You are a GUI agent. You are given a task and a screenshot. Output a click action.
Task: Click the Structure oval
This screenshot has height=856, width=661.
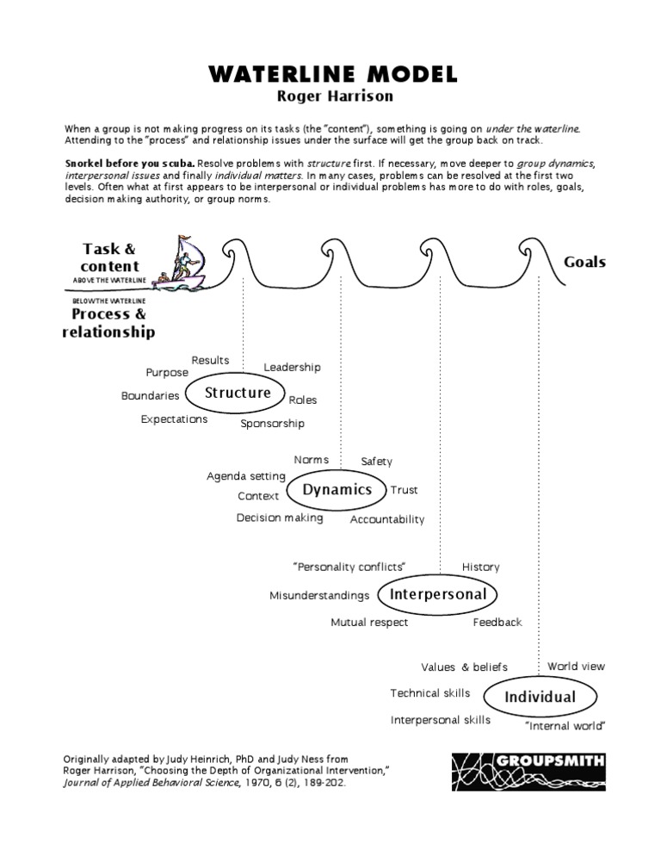click(x=238, y=394)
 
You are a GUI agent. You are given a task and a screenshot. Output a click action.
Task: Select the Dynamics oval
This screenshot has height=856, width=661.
click(x=337, y=490)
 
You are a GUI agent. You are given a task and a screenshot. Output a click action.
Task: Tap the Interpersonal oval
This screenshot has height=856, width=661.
click(x=438, y=594)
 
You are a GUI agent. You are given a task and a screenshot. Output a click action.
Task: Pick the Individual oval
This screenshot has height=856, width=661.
click(x=541, y=696)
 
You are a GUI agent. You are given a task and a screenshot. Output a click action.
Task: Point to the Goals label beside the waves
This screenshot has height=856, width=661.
click(x=584, y=262)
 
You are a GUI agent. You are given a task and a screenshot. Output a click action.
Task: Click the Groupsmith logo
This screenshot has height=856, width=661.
click(x=528, y=769)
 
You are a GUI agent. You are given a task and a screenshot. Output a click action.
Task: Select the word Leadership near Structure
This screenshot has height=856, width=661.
click(x=292, y=368)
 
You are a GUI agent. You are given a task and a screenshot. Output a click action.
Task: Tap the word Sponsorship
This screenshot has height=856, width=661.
click(x=272, y=424)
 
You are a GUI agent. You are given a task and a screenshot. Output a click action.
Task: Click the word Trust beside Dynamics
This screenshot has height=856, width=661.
click(x=404, y=490)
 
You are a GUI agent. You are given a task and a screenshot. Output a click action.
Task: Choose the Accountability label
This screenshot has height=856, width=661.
click(x=387, y=519)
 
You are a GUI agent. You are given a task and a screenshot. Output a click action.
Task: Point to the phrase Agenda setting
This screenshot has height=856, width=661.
click(x=245, y=476)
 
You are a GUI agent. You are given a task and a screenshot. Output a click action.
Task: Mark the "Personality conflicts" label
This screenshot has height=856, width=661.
click(x=349, y=567)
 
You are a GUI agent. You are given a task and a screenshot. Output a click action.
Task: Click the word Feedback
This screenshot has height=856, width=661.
click(x=497, y=622)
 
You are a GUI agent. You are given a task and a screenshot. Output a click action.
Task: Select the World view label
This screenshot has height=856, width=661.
click(x=576, y=667)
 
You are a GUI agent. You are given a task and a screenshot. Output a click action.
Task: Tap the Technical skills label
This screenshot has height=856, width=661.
click(x=429, y=693)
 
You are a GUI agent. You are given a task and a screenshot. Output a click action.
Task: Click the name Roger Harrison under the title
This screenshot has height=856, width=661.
click(x=330, y=96)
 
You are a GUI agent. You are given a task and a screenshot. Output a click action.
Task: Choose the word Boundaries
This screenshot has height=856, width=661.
click(x=151, y=396)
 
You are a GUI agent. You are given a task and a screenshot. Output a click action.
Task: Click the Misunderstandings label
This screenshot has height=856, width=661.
click(x=319, y=596)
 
